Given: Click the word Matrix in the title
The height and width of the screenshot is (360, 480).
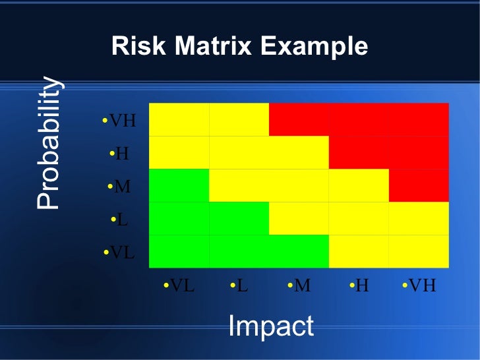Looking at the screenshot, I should (x=213, y=47).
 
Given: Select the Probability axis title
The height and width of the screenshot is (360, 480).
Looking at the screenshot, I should (x=49, y=143).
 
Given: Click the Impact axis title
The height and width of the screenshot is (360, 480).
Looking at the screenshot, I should (x=270, y=326).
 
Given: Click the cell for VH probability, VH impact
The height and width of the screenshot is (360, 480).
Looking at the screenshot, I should (x=419, y=119).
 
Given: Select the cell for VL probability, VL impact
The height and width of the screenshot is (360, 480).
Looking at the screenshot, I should (x=179, y=251).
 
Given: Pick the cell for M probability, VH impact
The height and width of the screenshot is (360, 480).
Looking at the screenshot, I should (x=419, y=185).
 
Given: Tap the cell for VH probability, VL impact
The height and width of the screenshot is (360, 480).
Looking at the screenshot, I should (x=179, y=119).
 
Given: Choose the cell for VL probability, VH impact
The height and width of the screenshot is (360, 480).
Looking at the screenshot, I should (x=419, y=251).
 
